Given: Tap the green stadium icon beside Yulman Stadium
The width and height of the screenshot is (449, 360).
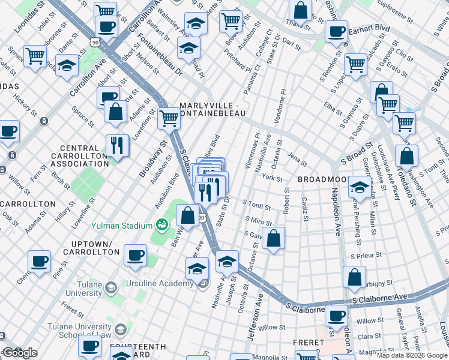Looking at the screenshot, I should point(160,226).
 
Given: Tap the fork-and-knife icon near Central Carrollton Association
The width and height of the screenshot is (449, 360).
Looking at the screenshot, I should point(116,145).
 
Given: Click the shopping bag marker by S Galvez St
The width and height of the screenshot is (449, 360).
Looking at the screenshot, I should point(273,238).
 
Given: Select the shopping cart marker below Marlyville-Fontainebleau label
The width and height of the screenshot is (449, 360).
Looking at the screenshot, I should point(170,118).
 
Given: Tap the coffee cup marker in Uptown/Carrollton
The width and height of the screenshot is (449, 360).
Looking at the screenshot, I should point(135,255).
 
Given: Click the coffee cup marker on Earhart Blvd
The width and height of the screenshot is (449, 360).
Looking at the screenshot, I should point(336,31).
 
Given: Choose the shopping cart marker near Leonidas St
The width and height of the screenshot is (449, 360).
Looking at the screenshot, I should point(35,56).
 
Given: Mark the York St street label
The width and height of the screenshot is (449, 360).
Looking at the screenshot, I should point(273,179).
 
